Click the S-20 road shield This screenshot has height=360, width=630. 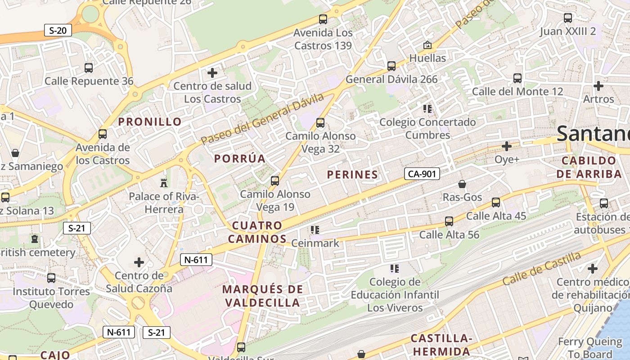tap(58, 31)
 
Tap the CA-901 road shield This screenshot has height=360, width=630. tap(422, 174)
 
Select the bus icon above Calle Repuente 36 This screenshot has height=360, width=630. tap(89, 68)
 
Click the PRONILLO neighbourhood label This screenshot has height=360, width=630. tap(150, 121)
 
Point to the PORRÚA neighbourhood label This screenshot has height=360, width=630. tap(240, 158)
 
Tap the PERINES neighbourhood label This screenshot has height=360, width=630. tap(352, 175)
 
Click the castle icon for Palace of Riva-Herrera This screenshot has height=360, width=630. tap(163, 183)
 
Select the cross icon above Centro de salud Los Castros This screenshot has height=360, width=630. tap(212, 72)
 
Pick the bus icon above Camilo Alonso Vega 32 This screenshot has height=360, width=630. tap(320, 122)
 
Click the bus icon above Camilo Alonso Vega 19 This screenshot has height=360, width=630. tap(275, 181)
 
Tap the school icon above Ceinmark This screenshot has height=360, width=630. tap(315, 230)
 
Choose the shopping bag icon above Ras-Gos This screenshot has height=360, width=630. tap(462, 184)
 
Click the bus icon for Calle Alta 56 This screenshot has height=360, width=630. tap(449, 221)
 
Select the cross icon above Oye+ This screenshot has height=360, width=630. tap(507, 146)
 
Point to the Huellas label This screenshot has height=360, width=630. tap(427, 58)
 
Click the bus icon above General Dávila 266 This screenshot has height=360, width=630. tap(391, 66)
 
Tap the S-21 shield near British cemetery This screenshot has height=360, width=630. tap(77, 228)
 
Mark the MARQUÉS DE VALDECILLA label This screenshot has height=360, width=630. tap(263, 296)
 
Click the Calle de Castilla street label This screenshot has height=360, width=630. tap(541, 269)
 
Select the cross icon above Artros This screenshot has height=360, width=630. tap(598, 85)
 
